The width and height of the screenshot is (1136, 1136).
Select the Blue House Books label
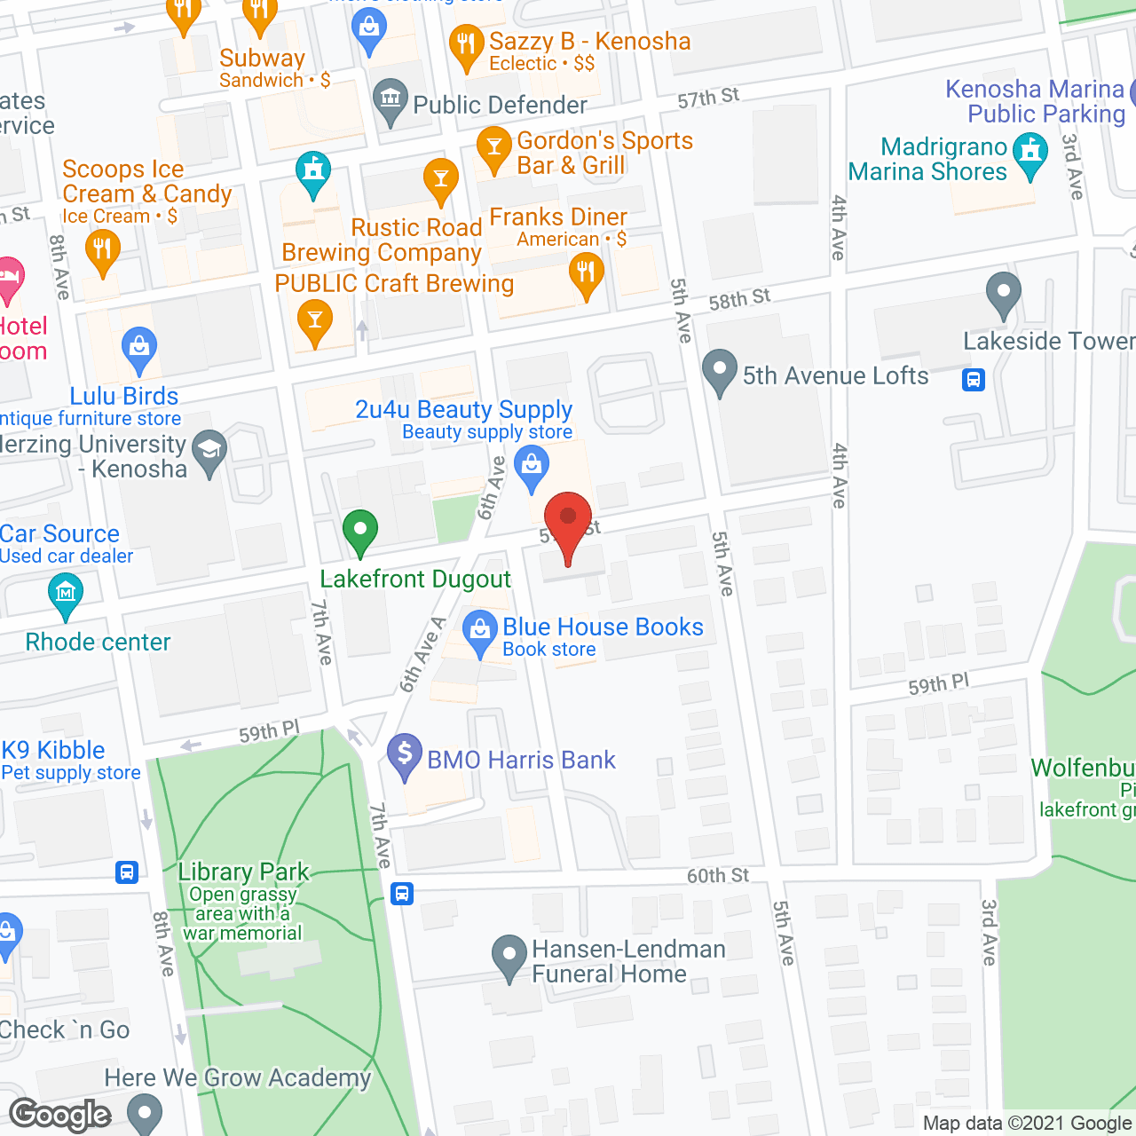tap(603, 627)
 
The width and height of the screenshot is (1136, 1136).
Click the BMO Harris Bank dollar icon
tap(405, 755)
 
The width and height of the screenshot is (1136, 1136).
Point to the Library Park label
tap(243, 872)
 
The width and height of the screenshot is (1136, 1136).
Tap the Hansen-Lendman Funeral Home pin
tap(509, 957)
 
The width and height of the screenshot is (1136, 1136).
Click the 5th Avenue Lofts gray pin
tap(719, 371)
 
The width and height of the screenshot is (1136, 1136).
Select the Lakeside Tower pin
tap(1004, 293)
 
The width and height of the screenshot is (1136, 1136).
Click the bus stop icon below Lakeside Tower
tap(974, 380)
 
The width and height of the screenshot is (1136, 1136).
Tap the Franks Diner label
tap(558, 217)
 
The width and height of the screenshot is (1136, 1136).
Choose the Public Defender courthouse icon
tap(390, 100)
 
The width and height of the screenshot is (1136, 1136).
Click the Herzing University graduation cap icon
tap(210, 451)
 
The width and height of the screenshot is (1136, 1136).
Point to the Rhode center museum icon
tap(66, 592)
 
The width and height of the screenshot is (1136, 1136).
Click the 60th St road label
tap(717, 876)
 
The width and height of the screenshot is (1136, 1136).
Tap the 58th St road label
tap(739, 299)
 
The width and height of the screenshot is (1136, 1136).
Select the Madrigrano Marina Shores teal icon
tap(1030, 153)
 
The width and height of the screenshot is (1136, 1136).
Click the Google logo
tap(60, 1115)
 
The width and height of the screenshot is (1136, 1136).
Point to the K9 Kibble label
tap(53, 750)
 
